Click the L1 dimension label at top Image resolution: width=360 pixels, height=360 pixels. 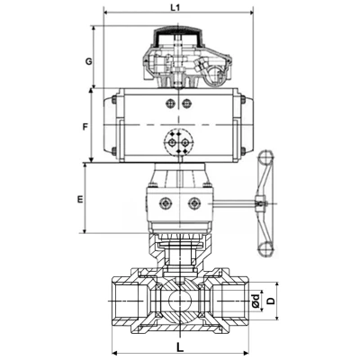[176, 7]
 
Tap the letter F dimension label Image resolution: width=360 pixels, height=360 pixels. [85, 127]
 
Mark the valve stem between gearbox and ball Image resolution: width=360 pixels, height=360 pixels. [180, 256]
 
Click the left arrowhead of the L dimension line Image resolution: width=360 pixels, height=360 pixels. [112, 352]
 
